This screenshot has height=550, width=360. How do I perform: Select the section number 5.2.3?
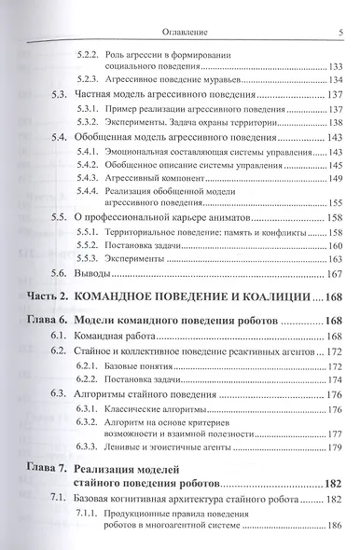89,79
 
